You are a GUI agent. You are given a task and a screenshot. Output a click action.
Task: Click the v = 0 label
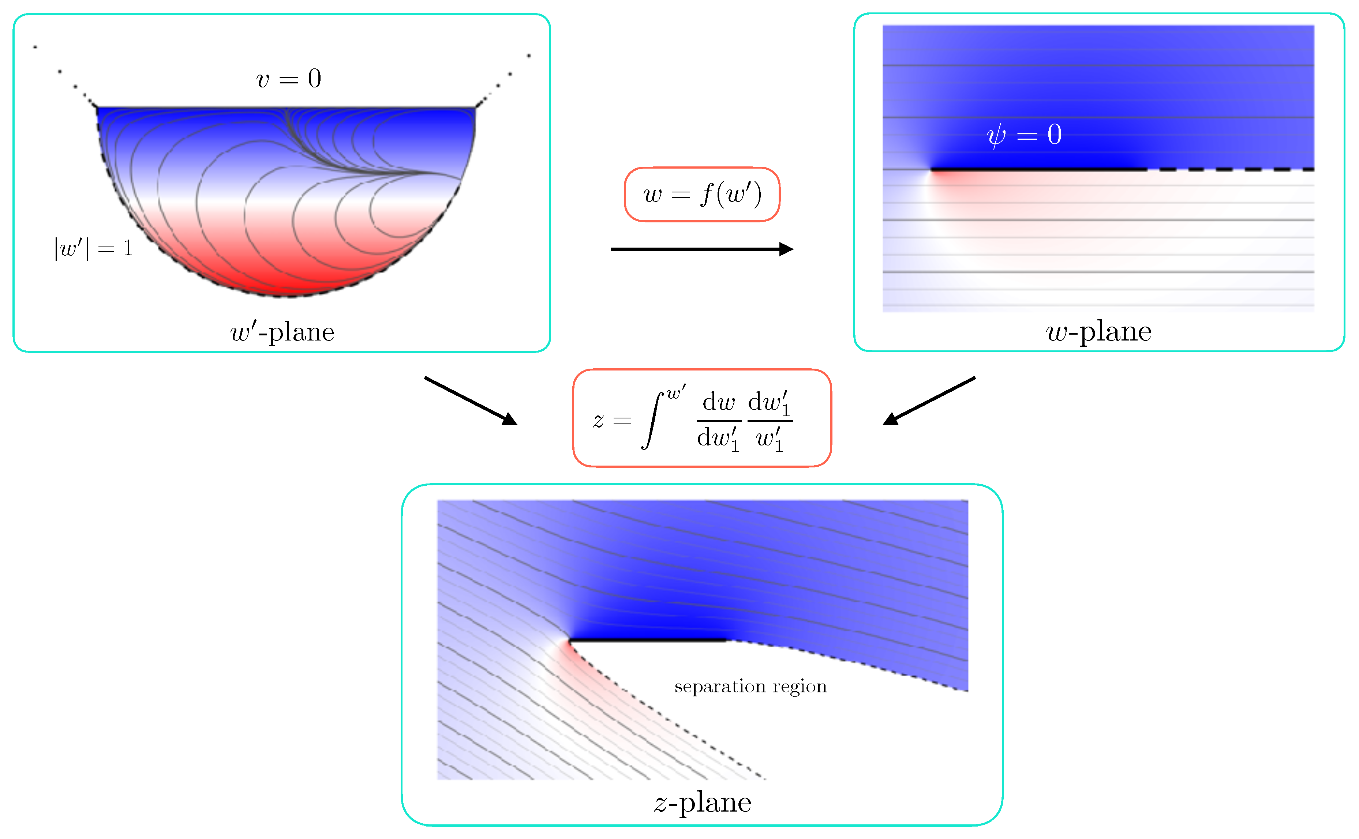click(x=288, y=79)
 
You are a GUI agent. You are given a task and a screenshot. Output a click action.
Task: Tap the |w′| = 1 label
click(x=93, y=248)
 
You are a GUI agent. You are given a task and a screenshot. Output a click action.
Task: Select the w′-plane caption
click(x=282, y=332)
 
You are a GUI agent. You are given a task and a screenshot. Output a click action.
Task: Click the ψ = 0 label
click(x=1024, y=135)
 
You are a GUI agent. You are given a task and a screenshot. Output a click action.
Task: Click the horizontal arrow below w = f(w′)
click(x=702, y=249)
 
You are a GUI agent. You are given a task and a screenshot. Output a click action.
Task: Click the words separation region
click(x=750, y=686)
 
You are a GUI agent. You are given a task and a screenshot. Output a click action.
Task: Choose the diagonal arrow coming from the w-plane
click(x=929, y=400)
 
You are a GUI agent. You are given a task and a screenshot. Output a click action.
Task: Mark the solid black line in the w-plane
click(x=1038, y=169)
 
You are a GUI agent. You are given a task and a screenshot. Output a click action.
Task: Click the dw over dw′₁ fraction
click(x=719, y=421)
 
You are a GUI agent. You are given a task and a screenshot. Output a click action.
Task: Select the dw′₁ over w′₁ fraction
click(x=770, y=421)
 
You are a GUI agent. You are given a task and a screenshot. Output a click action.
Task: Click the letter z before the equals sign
click(x=598, y=421)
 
